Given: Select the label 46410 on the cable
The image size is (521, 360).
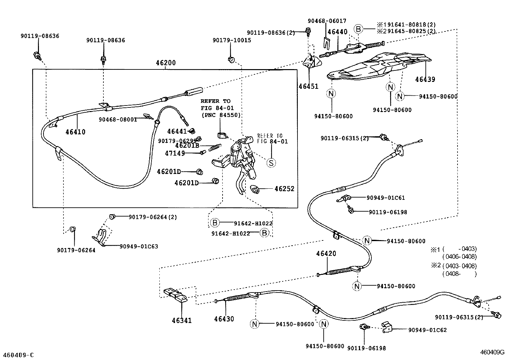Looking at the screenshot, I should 75,132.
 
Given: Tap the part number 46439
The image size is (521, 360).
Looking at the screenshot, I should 425,79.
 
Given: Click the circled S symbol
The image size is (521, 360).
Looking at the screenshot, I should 271,162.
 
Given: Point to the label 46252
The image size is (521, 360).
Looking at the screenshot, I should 284,189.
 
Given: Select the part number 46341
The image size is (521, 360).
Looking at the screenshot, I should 182,320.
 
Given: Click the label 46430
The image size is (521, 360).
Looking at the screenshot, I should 224,319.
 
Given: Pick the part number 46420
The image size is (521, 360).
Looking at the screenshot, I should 326,254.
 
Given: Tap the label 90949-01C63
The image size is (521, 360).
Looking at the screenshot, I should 139,246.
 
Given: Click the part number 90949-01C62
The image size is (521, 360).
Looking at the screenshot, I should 427,330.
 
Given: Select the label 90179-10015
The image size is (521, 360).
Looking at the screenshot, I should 232,40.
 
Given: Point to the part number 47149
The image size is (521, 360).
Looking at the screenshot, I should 175,153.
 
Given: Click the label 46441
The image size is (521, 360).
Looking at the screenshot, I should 177,131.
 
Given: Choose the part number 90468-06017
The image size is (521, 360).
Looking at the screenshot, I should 327,21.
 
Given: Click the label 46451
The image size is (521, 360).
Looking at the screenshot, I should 308,86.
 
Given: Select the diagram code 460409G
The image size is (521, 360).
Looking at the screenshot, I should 492,352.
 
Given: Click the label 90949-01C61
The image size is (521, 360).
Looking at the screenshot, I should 386,198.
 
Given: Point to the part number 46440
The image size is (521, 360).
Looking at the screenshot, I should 337,32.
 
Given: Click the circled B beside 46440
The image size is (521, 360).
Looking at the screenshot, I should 358,29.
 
